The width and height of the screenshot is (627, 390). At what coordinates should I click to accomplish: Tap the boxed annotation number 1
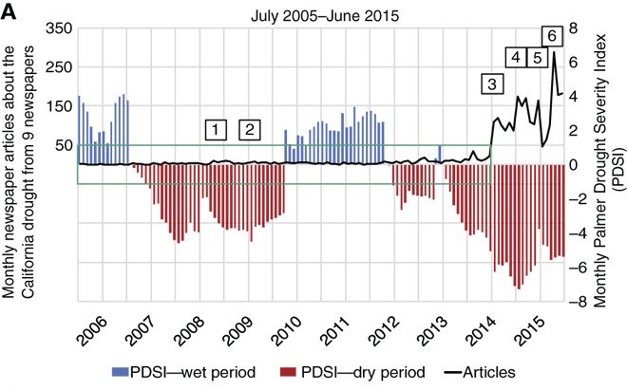coord(217,128)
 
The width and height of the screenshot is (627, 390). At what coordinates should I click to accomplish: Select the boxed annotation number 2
coord(250,128)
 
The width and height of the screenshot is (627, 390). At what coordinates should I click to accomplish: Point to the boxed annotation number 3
coord(492,84)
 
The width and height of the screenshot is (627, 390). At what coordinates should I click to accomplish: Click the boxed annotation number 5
coord(537,58)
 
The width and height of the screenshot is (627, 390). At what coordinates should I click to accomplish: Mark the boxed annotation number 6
coord(552,35)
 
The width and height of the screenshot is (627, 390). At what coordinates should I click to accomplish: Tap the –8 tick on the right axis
coord(573,304)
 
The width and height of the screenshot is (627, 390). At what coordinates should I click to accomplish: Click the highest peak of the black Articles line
coord(553,52)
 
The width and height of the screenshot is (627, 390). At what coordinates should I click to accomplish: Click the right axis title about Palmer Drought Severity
coord(604,166)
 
